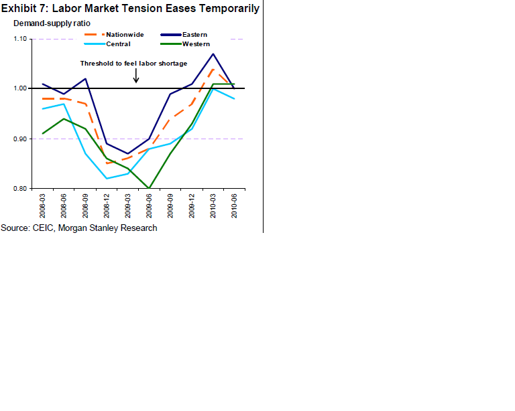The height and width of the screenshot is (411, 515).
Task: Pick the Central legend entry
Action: (x=117, y=44)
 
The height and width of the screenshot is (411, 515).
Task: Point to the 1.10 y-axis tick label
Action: (x=19, y=39)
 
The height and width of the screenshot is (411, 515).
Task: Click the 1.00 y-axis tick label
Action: (x=19, y=88)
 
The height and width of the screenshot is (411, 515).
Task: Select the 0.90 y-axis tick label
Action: (x=19, y=139)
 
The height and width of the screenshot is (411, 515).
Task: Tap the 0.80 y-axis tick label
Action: (x=19, y=189)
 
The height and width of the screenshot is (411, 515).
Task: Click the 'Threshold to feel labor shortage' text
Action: (x=133, y=64)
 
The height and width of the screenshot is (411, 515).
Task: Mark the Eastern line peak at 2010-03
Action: (x=213, y=54)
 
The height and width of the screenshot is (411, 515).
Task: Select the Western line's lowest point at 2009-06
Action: (x=149, y=188)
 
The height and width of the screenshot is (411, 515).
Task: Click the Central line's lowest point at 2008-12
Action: (x=107, y=178)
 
